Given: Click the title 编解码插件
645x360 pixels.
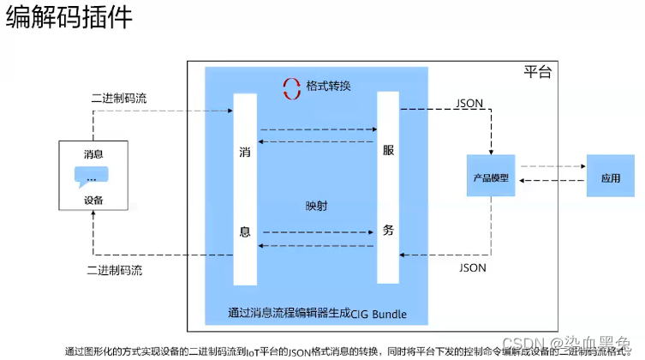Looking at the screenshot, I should click(69, 19).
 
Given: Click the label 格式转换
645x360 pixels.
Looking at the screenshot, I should click(328, 87).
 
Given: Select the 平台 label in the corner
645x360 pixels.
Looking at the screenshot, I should click(537, 73).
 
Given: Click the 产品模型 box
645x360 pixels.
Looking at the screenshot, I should click(491, 178).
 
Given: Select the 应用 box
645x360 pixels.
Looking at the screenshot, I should click(610, 178).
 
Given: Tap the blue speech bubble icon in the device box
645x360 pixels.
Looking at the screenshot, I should click(93, 177).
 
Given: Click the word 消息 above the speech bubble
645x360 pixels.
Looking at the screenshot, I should click(93, 155).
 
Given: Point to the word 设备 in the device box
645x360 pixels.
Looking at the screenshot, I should click(93, 201).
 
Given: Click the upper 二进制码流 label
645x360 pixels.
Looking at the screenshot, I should click(118, 98).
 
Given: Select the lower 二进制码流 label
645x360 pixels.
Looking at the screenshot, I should click(115, 270).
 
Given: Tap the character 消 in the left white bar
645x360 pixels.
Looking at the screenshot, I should click(244, 152).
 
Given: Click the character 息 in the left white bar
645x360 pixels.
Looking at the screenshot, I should click(244, 231).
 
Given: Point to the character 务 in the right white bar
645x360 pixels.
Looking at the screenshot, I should click(388, 230).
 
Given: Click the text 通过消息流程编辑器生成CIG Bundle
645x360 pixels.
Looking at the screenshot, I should click(317, 314).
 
